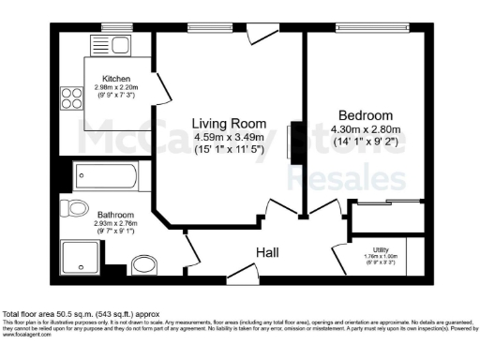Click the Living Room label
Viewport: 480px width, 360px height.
tap(229, 124)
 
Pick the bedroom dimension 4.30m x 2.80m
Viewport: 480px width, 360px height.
tap(369, 129)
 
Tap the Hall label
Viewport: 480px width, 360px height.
tap(270, 251)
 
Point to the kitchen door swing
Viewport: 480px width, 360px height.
tap(161, 89)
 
